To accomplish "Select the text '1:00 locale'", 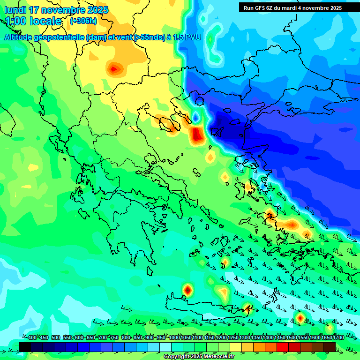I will [x=33, y=21].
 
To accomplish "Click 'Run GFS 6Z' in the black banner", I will [x=261, y=8].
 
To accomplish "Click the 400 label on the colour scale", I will [x=32, y=337].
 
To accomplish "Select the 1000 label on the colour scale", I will [x=174, y=337].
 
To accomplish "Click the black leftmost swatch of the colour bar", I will [x=25, y=347].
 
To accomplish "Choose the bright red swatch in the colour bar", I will [x=283, y=347].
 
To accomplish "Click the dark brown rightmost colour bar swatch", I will [x=330, y=347].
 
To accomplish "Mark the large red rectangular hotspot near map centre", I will [x=197, y=135].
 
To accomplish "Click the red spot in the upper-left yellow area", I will [x=114, y=70].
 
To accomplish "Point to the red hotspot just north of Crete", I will [x=187, y=290].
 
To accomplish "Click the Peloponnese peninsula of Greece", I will [x=134, y=234].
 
